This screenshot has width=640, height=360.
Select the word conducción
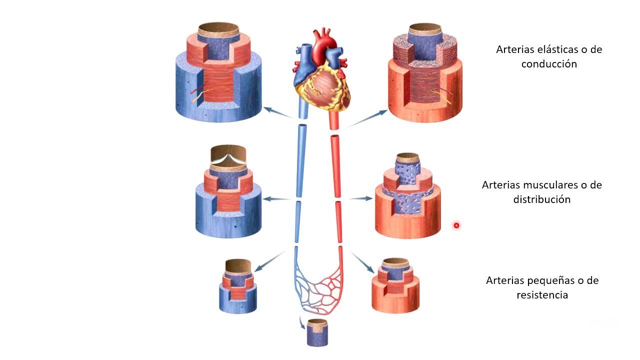[549, 64]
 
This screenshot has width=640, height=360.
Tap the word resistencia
[542, 294]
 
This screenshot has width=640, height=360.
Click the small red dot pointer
[456, 225]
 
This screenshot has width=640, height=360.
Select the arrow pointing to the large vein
[277, 112]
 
